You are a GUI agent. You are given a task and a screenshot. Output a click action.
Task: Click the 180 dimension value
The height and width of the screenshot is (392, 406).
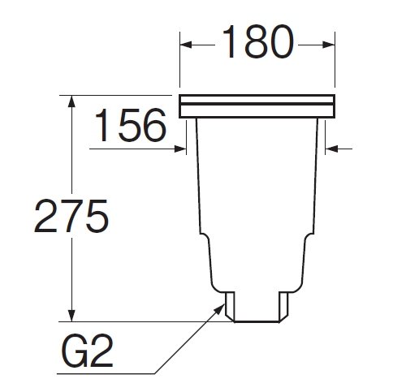[258, 41]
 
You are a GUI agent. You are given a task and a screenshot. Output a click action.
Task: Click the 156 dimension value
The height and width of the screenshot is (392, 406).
[131, 125]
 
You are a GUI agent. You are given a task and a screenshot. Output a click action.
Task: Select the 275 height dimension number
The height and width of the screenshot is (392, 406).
[71, 216]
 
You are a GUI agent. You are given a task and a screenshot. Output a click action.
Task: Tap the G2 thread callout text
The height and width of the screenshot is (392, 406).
[87, 350]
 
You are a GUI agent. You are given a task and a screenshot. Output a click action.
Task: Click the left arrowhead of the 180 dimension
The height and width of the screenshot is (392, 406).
[186, 45]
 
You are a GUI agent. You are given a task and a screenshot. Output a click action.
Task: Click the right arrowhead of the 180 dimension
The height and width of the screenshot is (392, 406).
[329, 45]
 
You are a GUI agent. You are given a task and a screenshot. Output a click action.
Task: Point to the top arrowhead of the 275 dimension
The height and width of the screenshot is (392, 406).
[71, 101]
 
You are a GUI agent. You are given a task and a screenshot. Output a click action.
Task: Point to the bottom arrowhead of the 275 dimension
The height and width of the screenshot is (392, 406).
[71, 316]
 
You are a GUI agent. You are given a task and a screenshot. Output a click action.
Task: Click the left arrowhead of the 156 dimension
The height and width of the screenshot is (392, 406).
[180, 149]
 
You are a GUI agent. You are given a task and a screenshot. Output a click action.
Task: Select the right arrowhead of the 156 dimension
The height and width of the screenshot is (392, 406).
[331, 149]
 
